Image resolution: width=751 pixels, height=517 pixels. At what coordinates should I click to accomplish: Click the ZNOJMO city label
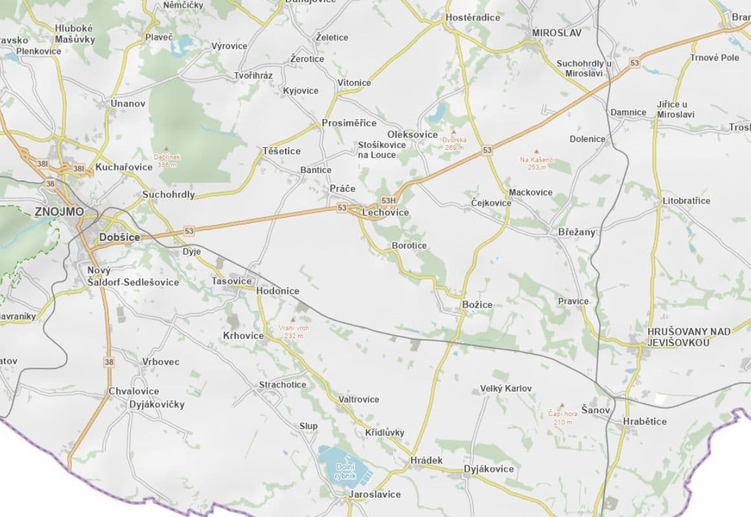click(59, 211)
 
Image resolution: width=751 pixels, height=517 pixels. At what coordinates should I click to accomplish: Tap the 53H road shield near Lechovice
click(388, 201)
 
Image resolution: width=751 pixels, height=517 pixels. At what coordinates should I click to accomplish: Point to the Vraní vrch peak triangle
click(294, 319)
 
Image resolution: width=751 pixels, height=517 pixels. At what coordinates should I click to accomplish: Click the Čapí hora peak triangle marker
click(562, 405)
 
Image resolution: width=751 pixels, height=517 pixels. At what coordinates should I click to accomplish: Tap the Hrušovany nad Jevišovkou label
click(680, 337)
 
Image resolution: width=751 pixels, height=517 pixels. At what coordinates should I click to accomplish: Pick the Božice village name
click(477, 304)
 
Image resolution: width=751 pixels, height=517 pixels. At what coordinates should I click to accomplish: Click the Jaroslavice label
click(374, 494)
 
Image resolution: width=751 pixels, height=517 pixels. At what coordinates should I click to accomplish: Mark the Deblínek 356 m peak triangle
click(167, 148)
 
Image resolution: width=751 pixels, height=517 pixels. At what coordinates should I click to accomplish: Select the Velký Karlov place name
click(505, 388)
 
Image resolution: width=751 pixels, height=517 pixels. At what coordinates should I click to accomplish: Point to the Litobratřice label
click(686, 201)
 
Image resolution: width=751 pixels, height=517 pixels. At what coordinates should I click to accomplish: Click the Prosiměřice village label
click(349, 123)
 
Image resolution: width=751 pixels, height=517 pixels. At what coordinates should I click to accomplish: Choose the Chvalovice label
click(134, 391)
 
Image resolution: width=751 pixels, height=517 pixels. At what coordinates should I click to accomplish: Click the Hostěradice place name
click(473, 17)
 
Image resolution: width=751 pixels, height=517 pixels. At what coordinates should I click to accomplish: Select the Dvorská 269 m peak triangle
click(454, 131)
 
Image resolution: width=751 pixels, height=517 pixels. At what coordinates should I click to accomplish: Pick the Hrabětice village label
click(644, 421)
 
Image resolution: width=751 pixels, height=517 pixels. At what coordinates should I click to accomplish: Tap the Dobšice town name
click(120, 237)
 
